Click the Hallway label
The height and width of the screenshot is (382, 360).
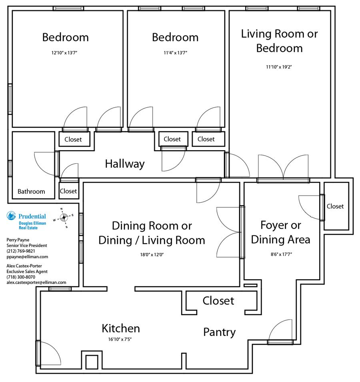(x=125, y=164)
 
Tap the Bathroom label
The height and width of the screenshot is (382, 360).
(x=31, y=191)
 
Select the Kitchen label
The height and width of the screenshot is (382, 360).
(x=121, y=328)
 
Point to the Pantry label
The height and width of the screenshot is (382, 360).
(x=219, y=332)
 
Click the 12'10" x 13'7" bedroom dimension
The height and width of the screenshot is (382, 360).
(x=64, y=52)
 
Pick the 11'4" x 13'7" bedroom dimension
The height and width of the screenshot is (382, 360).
(x=175, y=52)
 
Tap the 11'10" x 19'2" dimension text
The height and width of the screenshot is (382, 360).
(x=279, y=67)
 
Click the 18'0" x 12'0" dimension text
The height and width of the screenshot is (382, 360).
(x=152, y=255)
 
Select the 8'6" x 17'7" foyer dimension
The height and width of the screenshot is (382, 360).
(x=281, y=254)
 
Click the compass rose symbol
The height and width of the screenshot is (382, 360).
(x=64, y=217)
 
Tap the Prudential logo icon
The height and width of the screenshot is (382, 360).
(x=11, y=216)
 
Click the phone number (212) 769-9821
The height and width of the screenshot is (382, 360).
(x=21, y=251)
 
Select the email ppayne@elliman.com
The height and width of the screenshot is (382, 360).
(x=27, y=257)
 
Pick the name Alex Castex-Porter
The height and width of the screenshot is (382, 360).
(x=24, y=266)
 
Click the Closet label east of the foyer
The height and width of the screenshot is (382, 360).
(x=335, y=206)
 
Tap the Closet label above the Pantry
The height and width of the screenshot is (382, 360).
(x=218, y=301)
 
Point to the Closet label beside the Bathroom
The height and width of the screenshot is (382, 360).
(x=68, y=191)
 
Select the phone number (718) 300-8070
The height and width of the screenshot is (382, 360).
(x=21, y=277)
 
